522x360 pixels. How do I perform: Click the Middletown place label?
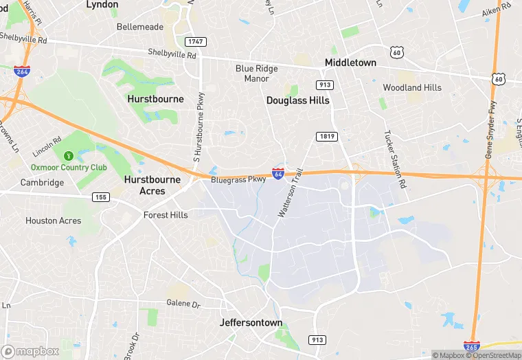pos(350,63)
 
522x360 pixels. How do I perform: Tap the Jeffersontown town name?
pos(251,322)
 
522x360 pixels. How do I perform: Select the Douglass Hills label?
pos(297,100)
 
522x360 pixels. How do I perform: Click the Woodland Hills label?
pos(412,87)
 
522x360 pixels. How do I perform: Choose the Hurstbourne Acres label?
pos(152,185)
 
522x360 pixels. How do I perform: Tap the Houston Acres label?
pos(53,221)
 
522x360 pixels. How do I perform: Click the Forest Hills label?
pos(166,215)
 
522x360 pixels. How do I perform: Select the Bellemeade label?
pos(140,27)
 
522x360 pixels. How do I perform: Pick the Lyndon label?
pos(102,5)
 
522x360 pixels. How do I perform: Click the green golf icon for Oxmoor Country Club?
pos(67,156)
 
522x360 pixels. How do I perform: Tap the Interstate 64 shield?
pos(278,175)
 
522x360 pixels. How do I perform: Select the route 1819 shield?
pos(326,137)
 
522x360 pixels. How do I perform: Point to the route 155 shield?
pos(101,197)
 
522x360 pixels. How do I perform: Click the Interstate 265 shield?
pos(472,347)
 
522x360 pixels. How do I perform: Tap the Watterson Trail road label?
pos(290,195)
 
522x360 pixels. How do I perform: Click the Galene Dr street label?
pos(183,303)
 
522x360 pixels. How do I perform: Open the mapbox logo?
pos(31,351)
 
